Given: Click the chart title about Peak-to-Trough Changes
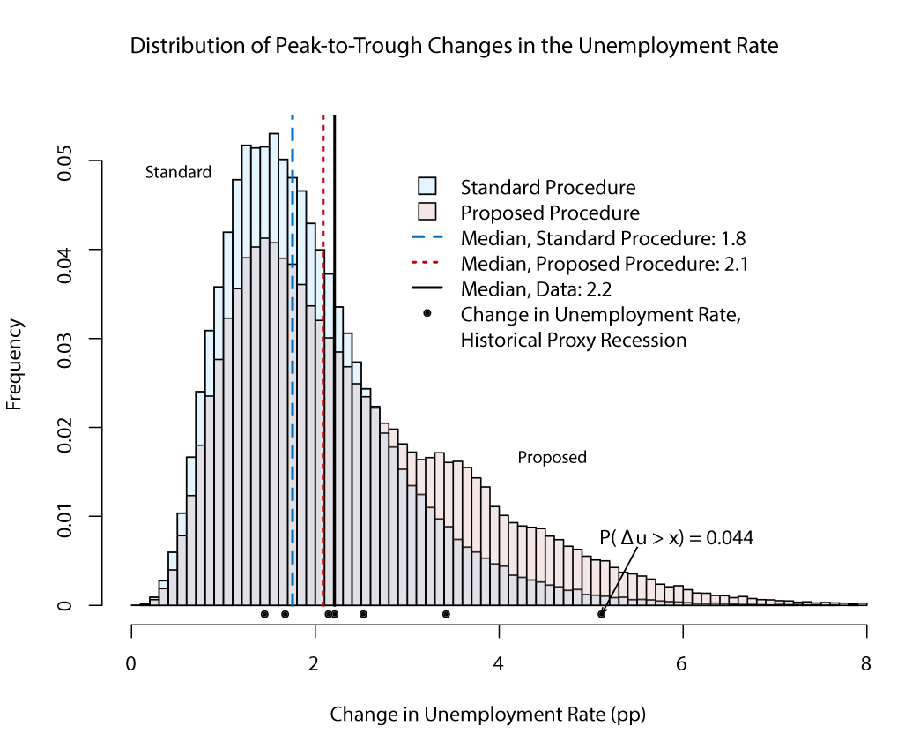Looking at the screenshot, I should point(454,46).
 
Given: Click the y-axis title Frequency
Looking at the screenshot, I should point(14,364).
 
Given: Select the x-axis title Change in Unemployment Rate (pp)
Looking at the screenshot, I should point(493,714).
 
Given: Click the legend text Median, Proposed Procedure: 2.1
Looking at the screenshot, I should point(605,264).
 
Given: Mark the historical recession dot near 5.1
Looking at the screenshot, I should point(602,614).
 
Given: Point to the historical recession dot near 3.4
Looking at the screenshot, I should point(446,614).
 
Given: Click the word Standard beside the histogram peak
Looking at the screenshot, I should point(178,173).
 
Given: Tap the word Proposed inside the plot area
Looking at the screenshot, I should point(552,458).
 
